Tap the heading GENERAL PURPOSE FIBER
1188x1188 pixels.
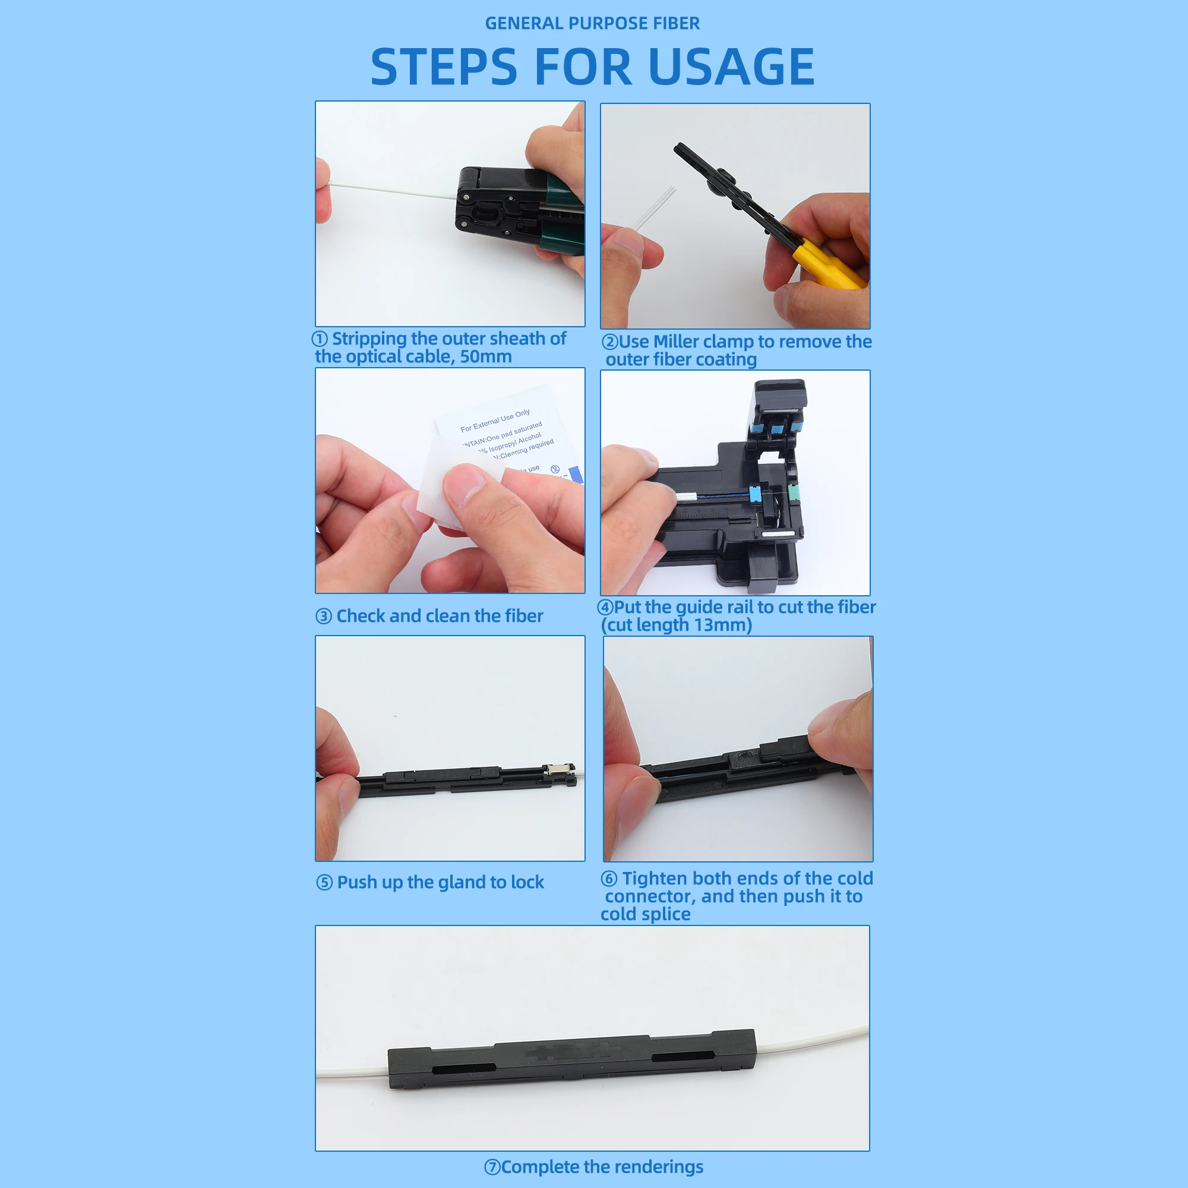tap(592, 23)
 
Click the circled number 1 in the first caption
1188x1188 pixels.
tap(320, 339)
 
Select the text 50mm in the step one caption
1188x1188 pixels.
tap(486, 357)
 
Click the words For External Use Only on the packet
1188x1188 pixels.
tap(495, 421)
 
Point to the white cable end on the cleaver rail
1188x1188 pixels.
tap(685, 497)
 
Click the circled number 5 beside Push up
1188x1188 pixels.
tap(324, 883)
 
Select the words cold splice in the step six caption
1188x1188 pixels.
tap(645, 914)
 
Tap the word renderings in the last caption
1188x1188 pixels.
tap(659, 1167)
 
